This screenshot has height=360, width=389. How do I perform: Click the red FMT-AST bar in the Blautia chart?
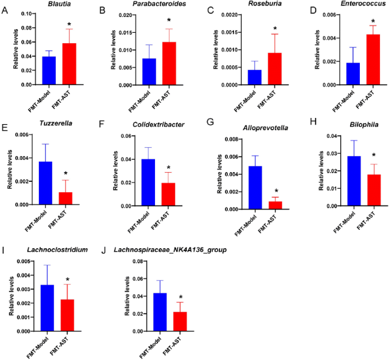[69, 64]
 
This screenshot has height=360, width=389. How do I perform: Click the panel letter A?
[5, 10]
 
